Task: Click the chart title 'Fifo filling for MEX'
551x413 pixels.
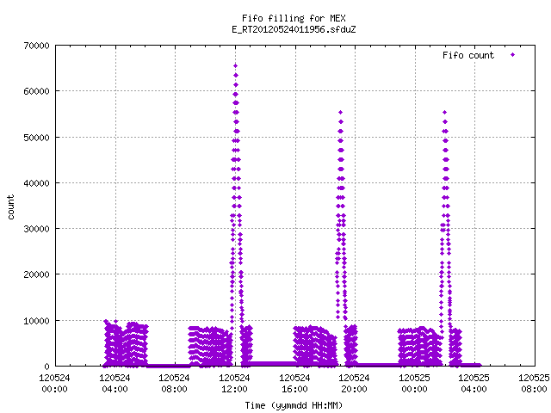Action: pos(294,18)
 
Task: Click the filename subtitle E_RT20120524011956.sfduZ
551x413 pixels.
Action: pos(294,29)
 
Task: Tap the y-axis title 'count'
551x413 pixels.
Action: pos(10,207)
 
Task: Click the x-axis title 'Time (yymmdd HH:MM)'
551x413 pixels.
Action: pos(294,405)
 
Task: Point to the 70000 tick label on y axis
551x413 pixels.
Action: pos(36,46)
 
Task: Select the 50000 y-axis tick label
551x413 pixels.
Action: pos(36,138)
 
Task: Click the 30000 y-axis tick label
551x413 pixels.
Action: pos(36,229)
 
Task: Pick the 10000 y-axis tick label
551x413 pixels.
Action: pos(36,321)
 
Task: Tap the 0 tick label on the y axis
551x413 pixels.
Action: pos(46,367)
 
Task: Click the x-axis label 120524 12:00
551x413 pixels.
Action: pos(234,384)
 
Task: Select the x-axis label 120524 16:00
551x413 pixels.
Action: pos(294,384)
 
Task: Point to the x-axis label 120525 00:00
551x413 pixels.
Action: pos(414,384)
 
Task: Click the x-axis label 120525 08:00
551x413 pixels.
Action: pos(534,384)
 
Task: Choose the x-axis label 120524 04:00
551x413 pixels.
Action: pos(115,384)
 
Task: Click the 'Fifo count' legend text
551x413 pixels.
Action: pos(468,55)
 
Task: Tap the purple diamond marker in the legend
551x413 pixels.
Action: pos(513,55)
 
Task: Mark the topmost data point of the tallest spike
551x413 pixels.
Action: pos(235,65)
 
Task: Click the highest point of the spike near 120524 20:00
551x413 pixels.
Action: pos(340,113)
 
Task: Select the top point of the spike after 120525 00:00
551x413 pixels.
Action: pos(444,113)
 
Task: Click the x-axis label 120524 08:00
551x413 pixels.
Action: pos(174,384)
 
